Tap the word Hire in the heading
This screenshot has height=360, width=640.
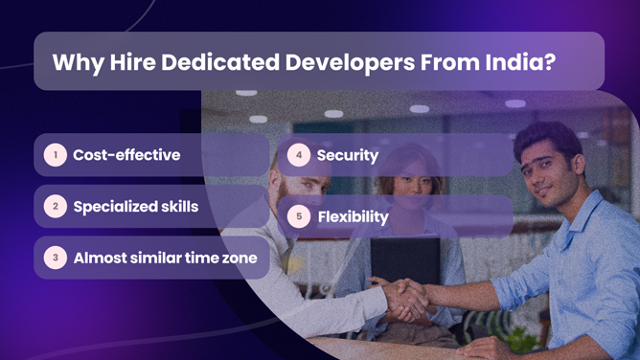[121, 62]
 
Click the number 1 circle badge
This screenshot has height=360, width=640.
[56, 154]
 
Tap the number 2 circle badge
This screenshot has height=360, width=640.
[56, 206]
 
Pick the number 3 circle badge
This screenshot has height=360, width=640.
[56, 258]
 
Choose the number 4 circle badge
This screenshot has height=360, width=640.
[299, 154]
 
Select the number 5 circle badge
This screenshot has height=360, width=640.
[299, 216]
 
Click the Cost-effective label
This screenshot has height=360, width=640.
[126, 154]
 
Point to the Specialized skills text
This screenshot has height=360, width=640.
[136, 206]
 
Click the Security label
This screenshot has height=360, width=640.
[347, 155]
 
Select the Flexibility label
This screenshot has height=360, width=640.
[353, 216]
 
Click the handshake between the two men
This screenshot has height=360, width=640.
[406, 299]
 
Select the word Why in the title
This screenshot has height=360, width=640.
[73, 62]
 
